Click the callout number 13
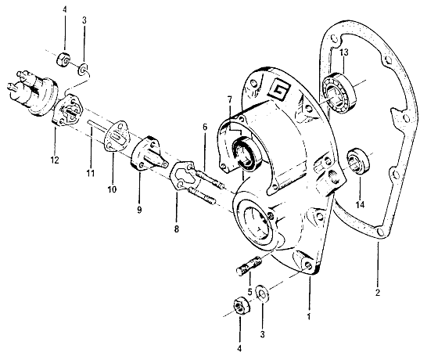[x=344, y=52]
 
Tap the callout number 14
[x=360, y=205]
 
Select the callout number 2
[x=378, y=293]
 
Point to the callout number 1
[x=309, y=317]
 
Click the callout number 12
[x=55, y=160]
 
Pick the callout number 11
[x=90, y=173]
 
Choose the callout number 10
[x=112, y=189]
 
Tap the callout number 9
[x=139, y=209]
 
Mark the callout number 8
[x=176, y=229]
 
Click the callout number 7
[x=230, y=99]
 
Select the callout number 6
[x=205, y=128]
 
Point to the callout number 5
[x=250, y=291]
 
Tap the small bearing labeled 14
[x=358, y=161]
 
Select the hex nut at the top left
[x=63, y=59]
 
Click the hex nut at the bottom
[x=242, y=306]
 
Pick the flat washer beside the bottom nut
[x=263, y=293]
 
